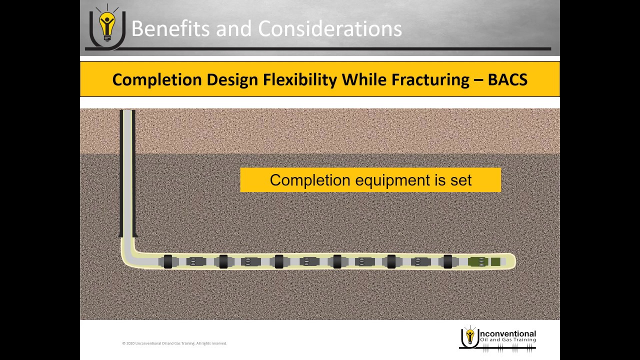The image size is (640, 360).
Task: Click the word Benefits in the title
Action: point(169,28)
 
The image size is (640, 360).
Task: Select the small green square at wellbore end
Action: point(495,261)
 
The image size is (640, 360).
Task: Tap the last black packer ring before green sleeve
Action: point(448,261)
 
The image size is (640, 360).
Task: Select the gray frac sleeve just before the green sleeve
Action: point(421,261)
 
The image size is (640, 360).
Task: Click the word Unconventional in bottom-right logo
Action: point(507,333)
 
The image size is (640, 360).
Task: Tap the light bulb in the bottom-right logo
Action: point(469,335)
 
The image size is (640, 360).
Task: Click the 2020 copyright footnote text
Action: point(174,343)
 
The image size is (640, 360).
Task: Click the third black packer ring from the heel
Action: point(279,261)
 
